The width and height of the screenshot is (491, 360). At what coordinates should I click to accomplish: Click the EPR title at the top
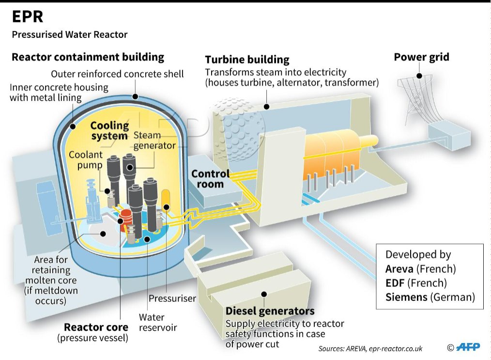tap(28, 16)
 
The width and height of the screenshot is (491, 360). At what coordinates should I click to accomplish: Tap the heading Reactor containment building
tap(88, 57)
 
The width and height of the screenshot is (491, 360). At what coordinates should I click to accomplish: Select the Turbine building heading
tap(247, 60)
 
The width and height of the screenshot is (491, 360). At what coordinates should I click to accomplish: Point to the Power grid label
tap(421, 57)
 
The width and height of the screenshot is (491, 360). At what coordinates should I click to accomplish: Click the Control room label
tap(210, 178)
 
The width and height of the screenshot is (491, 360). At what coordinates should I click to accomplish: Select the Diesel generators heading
tap(270, 311)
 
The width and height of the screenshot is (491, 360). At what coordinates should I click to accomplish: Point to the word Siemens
tap(406, 297)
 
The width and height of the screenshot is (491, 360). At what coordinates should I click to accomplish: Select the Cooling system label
tap(110, 131)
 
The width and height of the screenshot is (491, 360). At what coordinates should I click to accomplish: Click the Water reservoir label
tap(158, 322)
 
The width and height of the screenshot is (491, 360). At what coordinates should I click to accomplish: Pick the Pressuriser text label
tap(172, 298)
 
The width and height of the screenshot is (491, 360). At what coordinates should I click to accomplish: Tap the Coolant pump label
tap(86, 160)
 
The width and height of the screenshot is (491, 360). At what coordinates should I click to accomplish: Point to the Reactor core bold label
tap(96, 327)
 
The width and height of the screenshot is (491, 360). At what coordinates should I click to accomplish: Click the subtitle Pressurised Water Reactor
tap(70, 34)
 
